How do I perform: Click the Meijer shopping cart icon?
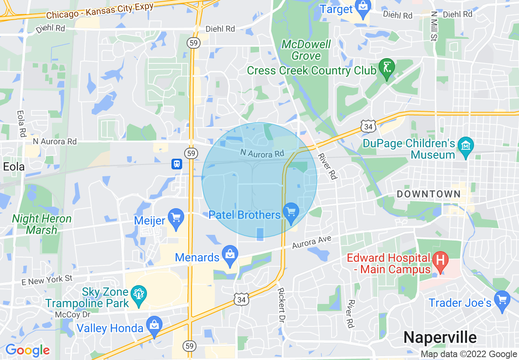coord(176,218)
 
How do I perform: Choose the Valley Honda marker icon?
coord(154,326)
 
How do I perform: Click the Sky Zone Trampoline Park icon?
coord(139,295)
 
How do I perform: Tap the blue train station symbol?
coord(176,164)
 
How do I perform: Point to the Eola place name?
coord(14,166)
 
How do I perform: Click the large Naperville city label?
coord(440,337)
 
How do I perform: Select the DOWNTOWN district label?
coord(429,194)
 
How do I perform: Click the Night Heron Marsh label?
coord(42,224)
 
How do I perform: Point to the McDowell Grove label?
coord(306,50)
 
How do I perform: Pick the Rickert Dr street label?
coord(282,305)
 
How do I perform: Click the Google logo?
coord(27,350)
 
